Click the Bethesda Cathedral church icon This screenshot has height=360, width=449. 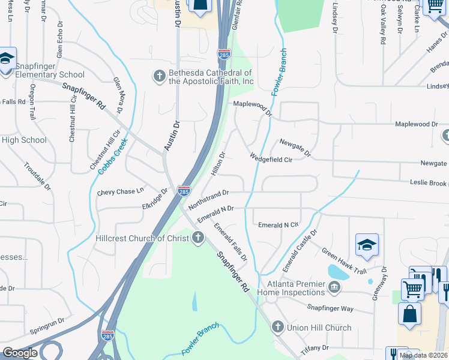point(160,76)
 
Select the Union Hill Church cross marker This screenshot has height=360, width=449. point(277,327)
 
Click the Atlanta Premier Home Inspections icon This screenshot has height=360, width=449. point(334,287)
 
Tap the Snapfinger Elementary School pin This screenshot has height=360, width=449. point(7,59)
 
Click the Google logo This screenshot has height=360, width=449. point(20,353)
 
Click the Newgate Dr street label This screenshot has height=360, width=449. point(294,148)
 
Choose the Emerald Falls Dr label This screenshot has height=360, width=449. point(231,242)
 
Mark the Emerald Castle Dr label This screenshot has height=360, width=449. point(300,248)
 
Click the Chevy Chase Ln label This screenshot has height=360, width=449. point(121,192)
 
